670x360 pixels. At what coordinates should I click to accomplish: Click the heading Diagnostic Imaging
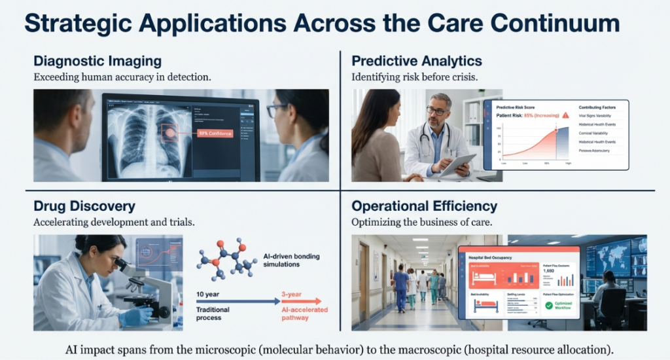pyautogui.click(x=97, y=61)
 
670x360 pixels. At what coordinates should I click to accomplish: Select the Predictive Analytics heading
pyautogui.click(x=417, y=61)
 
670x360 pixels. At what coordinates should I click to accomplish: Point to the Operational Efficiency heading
pyautogui.click(x=425, y=206)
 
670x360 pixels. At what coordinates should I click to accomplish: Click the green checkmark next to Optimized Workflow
pyautogui.click(x=548, y=305)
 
